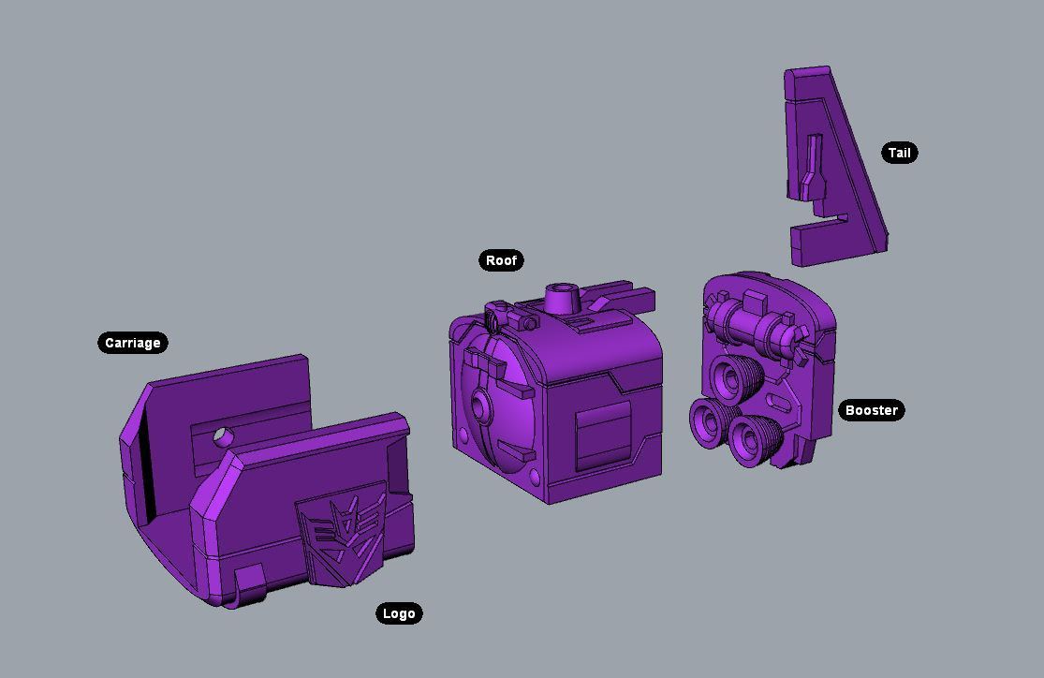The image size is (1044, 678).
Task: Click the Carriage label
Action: (133, 343)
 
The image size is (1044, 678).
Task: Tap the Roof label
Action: (501, 260)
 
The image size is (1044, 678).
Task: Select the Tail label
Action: (900, 153)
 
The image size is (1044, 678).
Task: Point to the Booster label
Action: (872, 410)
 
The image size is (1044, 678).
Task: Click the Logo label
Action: (399, 613)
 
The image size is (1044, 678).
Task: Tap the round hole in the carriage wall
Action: (222, 437)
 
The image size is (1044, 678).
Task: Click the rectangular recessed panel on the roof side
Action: (604, 436)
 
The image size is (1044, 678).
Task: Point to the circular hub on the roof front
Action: (479, 404)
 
